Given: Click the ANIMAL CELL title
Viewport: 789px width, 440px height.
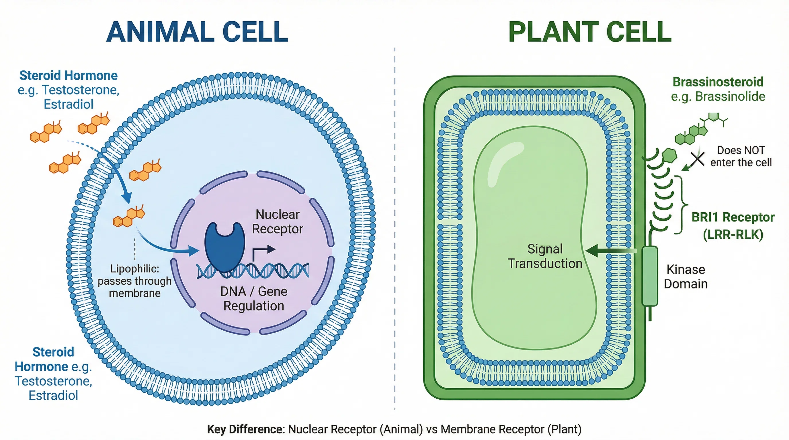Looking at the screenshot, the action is point(197,32).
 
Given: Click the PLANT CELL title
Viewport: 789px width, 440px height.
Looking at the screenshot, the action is point(590,32).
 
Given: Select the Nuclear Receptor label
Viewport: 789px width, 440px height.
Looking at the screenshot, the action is point(278,221).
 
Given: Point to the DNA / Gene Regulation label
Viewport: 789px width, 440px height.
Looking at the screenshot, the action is point(254,299).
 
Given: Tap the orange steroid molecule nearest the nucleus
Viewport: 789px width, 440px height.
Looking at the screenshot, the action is point(129,216).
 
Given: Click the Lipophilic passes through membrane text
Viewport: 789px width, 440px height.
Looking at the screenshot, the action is point(135,281).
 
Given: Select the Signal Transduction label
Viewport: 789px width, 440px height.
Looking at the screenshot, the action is point(545,256).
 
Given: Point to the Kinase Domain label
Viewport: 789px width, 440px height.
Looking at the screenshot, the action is point(686,277).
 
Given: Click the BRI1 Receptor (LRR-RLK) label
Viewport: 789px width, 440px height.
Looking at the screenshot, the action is point(733,226).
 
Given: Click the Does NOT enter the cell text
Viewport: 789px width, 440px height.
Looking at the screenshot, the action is point(741,156).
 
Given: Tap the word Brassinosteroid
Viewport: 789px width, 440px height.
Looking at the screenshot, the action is point(718,82).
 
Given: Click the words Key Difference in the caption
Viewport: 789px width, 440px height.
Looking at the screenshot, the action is point(246,429).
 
